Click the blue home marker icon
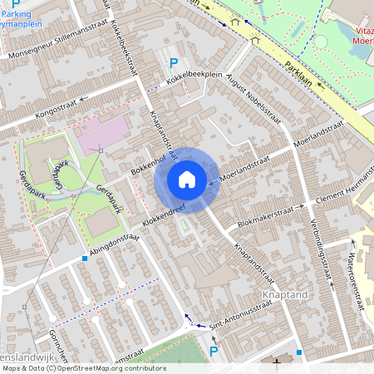pos(187,180)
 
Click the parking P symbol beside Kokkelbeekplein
pos(174,63)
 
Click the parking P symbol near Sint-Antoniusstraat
pos(213,352)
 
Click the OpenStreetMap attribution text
pos(84,368)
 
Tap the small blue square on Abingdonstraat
pos(85,258)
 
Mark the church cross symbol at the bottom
pos(277,363)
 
